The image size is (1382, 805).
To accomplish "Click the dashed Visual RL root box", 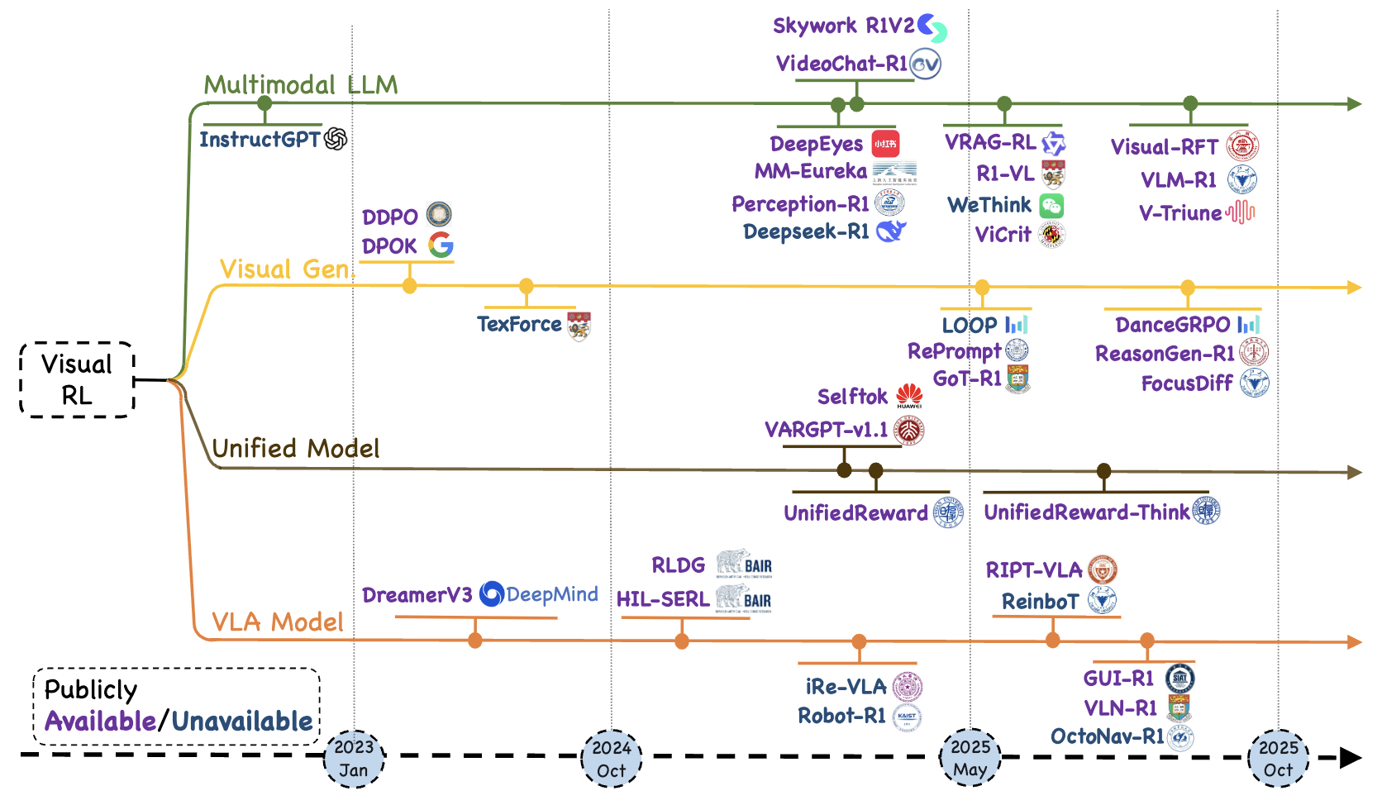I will [x=77, y=380].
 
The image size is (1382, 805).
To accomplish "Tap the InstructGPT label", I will [x=260, y=140].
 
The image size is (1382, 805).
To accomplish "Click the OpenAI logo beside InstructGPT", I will [x=336, y=139].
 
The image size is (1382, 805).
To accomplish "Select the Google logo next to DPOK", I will [x=441, y=245].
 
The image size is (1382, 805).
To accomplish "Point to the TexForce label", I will [x=519, y=324].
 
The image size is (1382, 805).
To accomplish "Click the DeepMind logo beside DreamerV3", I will [x=492, y=593].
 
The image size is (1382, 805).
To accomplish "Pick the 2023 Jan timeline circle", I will [x=354, y=759].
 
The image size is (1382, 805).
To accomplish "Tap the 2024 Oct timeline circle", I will [x=612, y=759].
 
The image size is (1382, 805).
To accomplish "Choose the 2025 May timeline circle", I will [x=970, y=758].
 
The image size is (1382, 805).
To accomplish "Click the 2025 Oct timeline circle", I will [x=1278, y=759].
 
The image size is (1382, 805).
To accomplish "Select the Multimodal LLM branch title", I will [x=301, y=85].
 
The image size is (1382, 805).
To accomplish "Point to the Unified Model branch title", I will [x=296, y=448].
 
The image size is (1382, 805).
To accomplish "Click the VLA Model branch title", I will [x=278, y=622].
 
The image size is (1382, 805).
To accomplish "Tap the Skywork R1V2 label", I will [x=843, y=26].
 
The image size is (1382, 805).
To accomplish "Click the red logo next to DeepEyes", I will [x=885, y=144].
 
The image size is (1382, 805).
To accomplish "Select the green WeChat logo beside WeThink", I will [x=1051, y=206].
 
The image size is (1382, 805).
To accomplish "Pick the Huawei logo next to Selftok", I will [x=909, y=396].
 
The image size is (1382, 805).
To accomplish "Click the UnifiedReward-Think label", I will [x=1087, y=512].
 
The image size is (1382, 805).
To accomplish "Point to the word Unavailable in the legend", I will [x=242, y=722].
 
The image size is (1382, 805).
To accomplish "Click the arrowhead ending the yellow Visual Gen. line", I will [x=1354, y=288].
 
